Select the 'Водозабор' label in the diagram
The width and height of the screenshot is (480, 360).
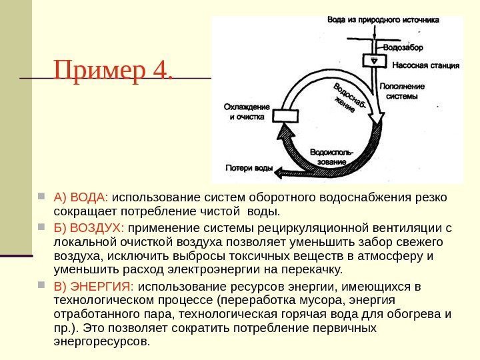tap(403, 48)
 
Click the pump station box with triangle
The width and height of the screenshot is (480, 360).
tap(375, 61)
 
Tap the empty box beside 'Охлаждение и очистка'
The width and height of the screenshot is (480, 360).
tap(288, 115)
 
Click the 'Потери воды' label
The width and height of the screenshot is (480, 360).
tap(249, 168)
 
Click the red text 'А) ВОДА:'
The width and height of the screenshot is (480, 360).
tap(81, 198)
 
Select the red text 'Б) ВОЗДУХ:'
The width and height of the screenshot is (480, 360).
tap(89, 227)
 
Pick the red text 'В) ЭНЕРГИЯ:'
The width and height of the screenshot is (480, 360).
tap(94, 287)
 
